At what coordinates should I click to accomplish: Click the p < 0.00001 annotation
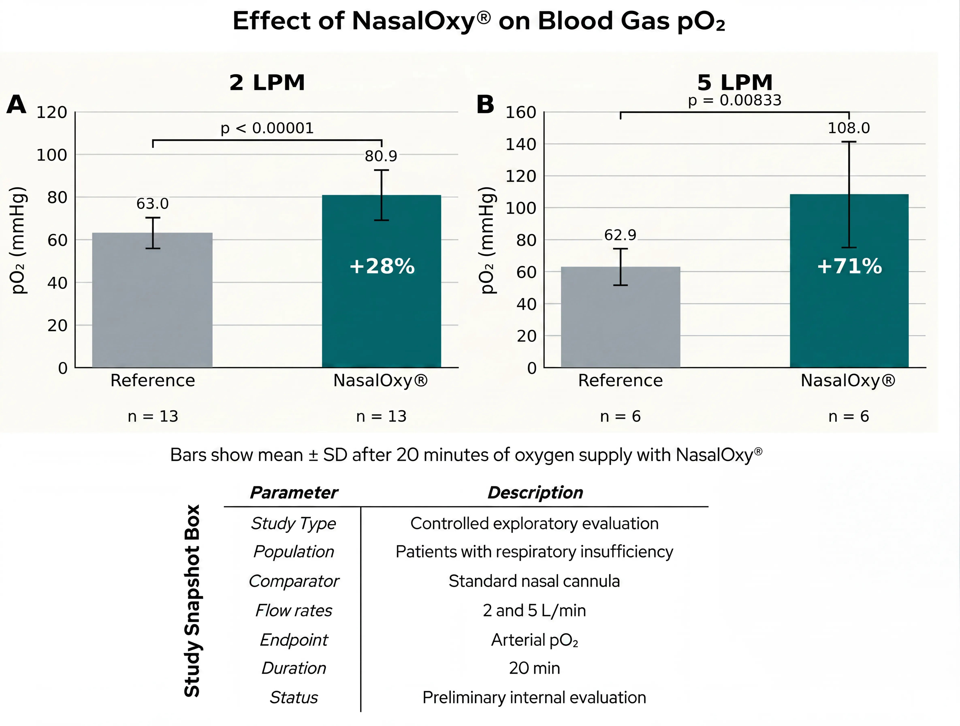pos(267,128)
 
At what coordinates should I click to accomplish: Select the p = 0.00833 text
pos(735,100)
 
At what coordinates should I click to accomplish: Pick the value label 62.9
pos(620,235)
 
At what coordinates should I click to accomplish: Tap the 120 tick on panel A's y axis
pos(52,112)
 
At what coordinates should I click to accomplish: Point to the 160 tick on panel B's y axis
pos(521,112)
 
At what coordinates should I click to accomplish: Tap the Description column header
pos(535,492)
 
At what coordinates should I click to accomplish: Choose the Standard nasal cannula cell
pos(534,581)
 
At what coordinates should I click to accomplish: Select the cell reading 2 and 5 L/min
pos(534,611)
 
